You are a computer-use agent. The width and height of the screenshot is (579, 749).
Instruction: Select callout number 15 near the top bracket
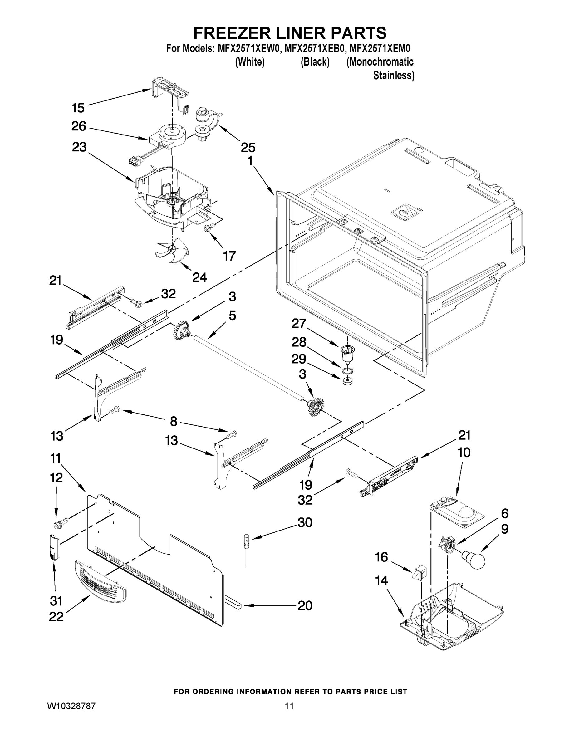pos(78,108)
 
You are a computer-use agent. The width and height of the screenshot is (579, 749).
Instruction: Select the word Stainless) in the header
pos(393,76)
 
